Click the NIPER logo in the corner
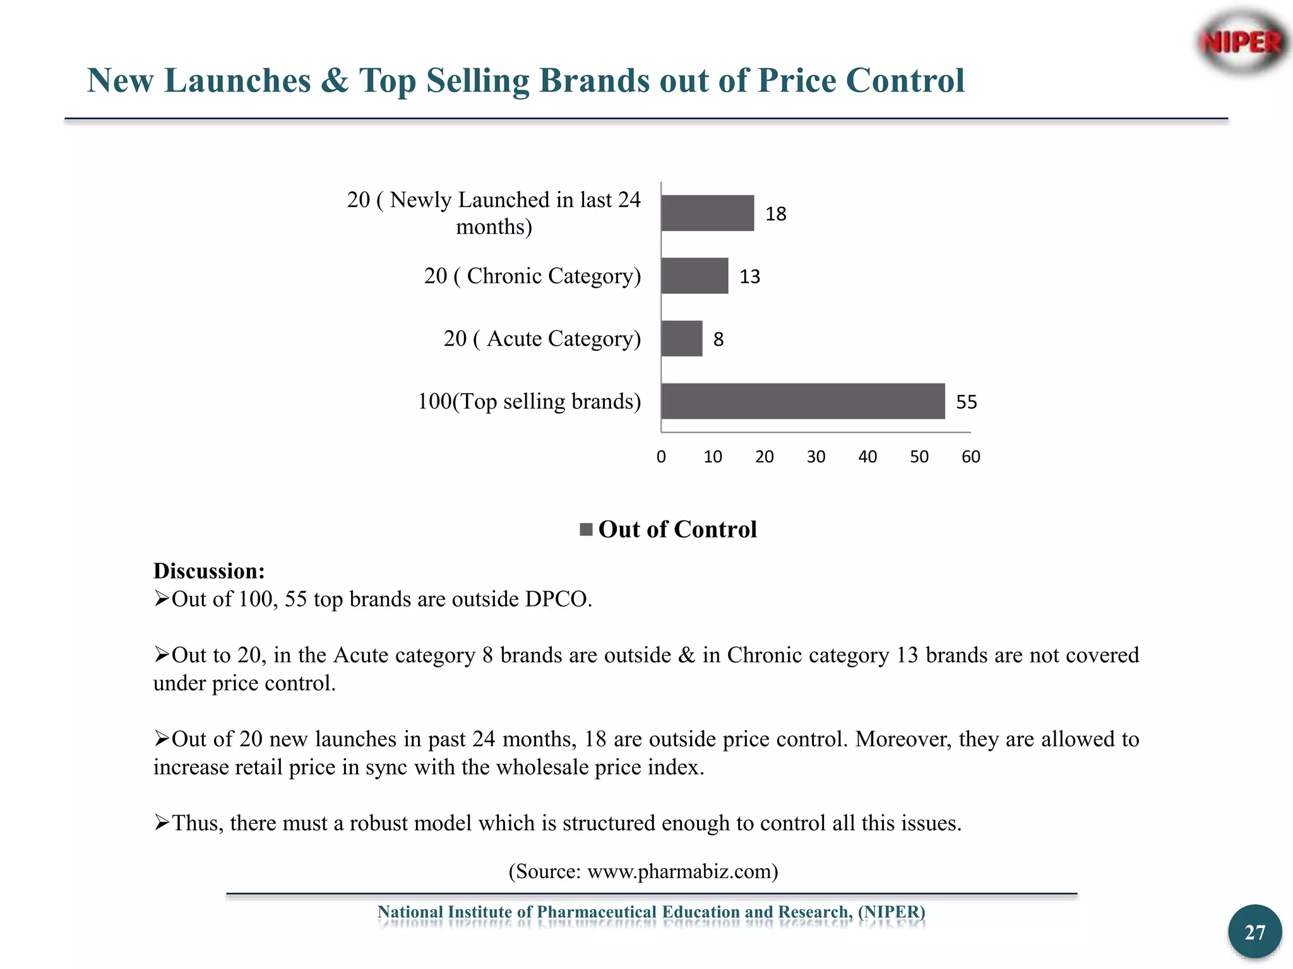(x=1241, y=43)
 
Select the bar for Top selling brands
(x=802, y=401)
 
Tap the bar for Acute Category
(x=682, y=339)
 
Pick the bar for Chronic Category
(x=694, y=276)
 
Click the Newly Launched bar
(x=707, y=213)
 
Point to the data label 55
(x=967, y=402)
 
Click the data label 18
(x=776, y=214)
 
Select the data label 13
(x=750, y=277)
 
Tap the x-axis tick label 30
(x=816, y=457)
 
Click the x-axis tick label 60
(x=970, y=457)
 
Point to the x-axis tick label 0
(x=661, y=457)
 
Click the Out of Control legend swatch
(x=586, y=529)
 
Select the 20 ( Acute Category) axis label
(x=542, y=339)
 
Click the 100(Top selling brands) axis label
(x=529, y=401)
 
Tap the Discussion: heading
(x=209, y=571)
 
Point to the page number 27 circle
(x=1254, y=932)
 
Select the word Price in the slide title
(x=796, y=81)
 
